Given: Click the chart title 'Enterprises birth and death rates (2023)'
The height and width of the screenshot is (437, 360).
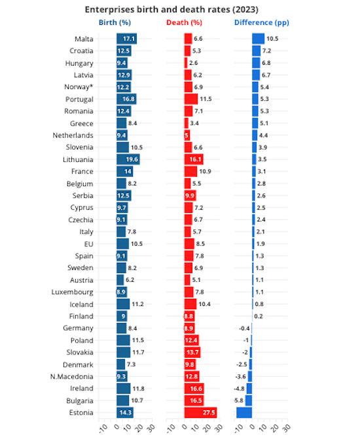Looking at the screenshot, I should (180, 9).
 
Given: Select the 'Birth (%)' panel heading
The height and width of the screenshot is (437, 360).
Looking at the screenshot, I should (117, 22).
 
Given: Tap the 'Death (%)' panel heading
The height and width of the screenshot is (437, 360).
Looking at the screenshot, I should (184, 22).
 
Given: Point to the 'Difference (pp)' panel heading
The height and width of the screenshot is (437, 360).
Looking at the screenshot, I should (262, 22).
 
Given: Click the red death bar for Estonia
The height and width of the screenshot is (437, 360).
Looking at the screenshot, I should (200, 412).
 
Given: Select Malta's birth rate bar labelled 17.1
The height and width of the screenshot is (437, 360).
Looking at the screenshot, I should (126, 39).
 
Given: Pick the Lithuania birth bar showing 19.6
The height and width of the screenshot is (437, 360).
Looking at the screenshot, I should (128, 159).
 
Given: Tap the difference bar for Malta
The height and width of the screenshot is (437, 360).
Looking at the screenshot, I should (259, 39).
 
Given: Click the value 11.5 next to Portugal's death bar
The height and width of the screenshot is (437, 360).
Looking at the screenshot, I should (206, 99).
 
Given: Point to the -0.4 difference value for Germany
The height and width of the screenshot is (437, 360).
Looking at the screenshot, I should (244, 328).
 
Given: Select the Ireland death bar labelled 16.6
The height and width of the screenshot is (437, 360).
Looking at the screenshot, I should (194, 388).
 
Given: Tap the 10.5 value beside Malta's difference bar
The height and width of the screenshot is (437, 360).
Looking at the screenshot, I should (272, 39).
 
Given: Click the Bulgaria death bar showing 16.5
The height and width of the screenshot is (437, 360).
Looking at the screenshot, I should (194, 400).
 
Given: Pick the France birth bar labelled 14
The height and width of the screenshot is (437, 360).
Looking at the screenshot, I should (124, 171).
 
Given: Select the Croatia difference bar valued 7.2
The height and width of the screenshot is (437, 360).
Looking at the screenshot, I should (257, 51).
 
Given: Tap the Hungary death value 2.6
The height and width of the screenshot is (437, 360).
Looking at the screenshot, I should (194, 63).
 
